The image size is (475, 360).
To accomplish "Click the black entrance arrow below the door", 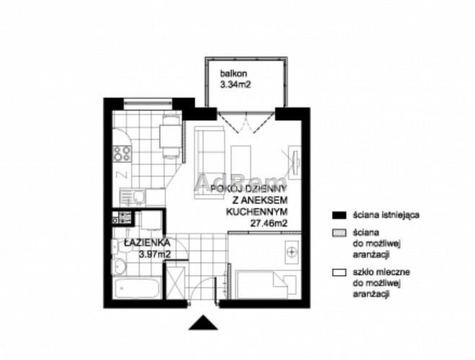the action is [203, 323].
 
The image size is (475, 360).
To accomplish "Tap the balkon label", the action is [234, 74].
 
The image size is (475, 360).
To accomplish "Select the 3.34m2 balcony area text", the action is [236, 84].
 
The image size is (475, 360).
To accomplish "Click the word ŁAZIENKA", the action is [147, 243].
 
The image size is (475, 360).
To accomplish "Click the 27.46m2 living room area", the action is [269, 223].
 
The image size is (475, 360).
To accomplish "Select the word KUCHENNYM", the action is [257, 211].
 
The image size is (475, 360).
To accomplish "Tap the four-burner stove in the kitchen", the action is [122, 153].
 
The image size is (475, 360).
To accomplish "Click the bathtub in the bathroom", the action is [137, 288].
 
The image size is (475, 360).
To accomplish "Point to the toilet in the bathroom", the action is [118, 267].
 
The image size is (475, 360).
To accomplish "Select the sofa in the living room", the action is [210, 162].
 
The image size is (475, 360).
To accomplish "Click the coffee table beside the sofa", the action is [241, 162].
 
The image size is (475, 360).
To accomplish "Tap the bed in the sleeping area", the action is [266, 284].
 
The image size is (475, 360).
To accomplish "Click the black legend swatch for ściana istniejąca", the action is [339, 215].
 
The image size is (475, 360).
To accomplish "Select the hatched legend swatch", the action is [339, 233].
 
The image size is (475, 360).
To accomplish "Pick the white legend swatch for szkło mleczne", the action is [339, 273].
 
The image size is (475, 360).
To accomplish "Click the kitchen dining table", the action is [171, 136].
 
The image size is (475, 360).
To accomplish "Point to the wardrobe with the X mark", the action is [175, 282].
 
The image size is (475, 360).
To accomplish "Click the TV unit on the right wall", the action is [295, 161].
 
